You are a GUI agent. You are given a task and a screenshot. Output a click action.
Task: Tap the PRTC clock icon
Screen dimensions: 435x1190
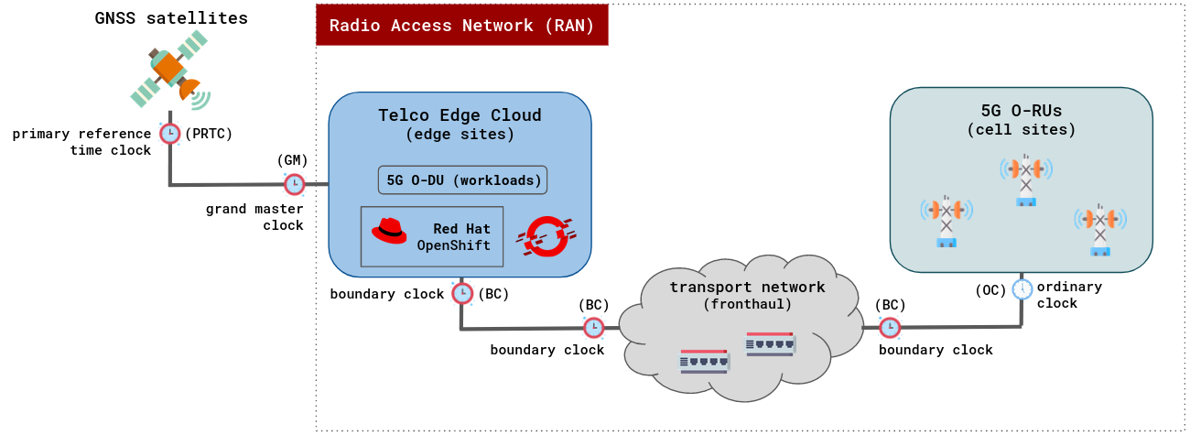point(170,134)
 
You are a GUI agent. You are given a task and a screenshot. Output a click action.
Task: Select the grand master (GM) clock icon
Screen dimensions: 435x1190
point(294,184)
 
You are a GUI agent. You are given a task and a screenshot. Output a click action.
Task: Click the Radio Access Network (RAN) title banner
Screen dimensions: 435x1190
point(462,26)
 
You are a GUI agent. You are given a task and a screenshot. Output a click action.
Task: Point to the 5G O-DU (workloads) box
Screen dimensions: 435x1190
point(462,180)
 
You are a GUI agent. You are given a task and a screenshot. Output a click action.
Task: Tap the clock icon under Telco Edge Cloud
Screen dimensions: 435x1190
point(462,293)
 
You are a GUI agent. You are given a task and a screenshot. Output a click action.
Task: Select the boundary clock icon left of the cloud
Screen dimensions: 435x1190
point(593,327)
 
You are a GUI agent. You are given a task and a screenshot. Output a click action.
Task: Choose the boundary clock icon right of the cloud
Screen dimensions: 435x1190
point(889,327)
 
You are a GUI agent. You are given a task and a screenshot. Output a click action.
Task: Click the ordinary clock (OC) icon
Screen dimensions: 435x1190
point(1022,289)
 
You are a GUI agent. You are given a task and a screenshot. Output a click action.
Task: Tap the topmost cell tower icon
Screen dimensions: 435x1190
point(1026,177)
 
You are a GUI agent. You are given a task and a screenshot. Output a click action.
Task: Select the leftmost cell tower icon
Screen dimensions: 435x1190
point(946,220)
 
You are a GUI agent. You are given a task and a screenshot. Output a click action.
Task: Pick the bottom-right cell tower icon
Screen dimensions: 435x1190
point(1099,228)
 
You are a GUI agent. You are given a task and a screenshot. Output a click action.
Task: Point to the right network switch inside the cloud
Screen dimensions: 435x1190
point(770,344)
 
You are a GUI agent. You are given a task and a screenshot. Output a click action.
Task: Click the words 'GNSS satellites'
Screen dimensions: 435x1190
point(171,18)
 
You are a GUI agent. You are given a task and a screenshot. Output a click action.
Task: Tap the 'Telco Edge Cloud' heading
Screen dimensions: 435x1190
point(460,116)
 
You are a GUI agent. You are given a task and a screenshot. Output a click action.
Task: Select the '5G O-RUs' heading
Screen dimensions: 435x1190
point(1021,111)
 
